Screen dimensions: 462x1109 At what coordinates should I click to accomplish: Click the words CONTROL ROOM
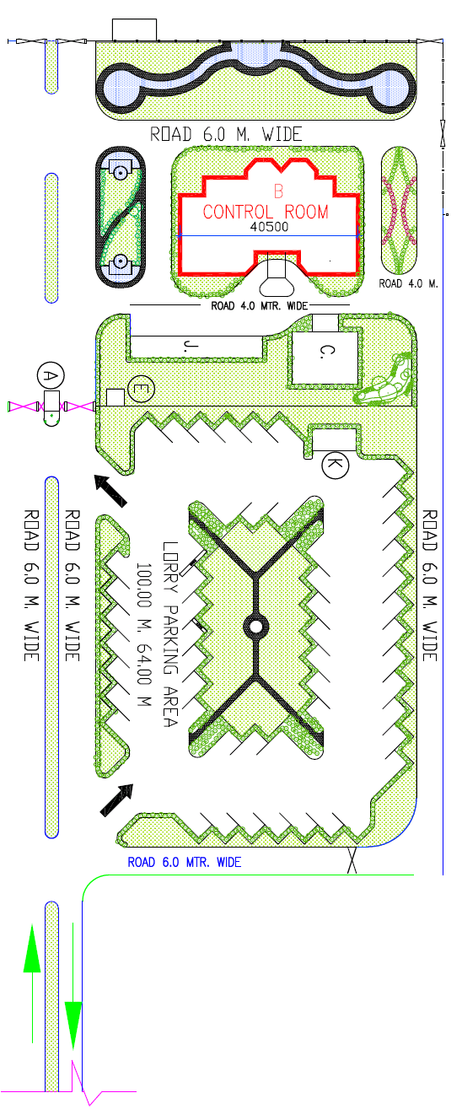(266, 212)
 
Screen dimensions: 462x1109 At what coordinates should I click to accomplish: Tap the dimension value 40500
(269, 227)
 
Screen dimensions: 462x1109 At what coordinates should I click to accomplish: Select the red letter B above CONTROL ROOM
(278, 191)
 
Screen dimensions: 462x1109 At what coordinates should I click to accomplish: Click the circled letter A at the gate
(51, 376)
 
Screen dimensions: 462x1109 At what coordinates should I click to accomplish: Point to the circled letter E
(141, 389)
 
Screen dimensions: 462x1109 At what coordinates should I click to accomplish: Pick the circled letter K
(336, 465)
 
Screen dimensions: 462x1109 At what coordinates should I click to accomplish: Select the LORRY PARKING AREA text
(169, 634)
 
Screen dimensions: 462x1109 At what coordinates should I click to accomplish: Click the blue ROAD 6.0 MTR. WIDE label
(184, 863)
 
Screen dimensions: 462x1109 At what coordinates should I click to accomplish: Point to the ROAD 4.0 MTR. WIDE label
(259, 305)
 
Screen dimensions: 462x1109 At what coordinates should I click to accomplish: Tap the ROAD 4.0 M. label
(409, 283)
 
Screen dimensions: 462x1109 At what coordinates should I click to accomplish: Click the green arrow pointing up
(32, 983)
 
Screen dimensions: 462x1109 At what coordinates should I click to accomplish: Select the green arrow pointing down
(73, 986)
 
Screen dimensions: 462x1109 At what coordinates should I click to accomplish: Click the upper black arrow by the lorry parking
(110, 491)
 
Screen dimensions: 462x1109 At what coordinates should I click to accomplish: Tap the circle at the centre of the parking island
(256, 627)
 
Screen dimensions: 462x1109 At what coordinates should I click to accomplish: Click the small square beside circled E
(115, 397)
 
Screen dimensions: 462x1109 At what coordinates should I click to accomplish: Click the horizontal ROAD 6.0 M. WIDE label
(226, 134)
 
